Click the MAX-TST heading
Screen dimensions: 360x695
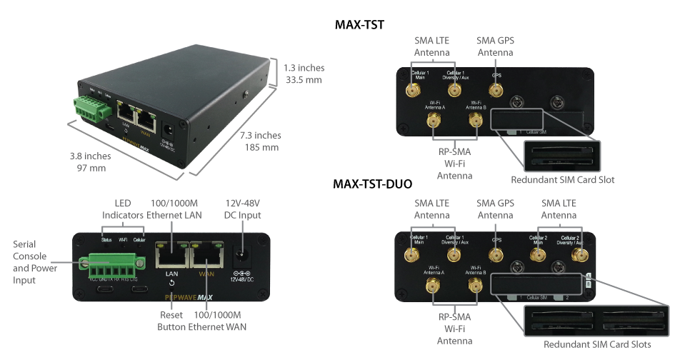click(x=360, y=25)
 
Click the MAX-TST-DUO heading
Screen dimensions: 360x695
click(x=372, y=184)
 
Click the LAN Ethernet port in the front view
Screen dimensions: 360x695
click(x=171, y=255)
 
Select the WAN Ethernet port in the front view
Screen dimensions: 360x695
click(x=206, y=255)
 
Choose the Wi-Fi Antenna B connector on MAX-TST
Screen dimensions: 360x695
click(x=474, y=121)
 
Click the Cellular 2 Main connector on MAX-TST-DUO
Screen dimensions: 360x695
click(x=537, y=254)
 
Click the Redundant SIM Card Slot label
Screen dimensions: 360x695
click(x=563, y=179)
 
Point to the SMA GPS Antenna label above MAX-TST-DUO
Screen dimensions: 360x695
click(x=495, y=209)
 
